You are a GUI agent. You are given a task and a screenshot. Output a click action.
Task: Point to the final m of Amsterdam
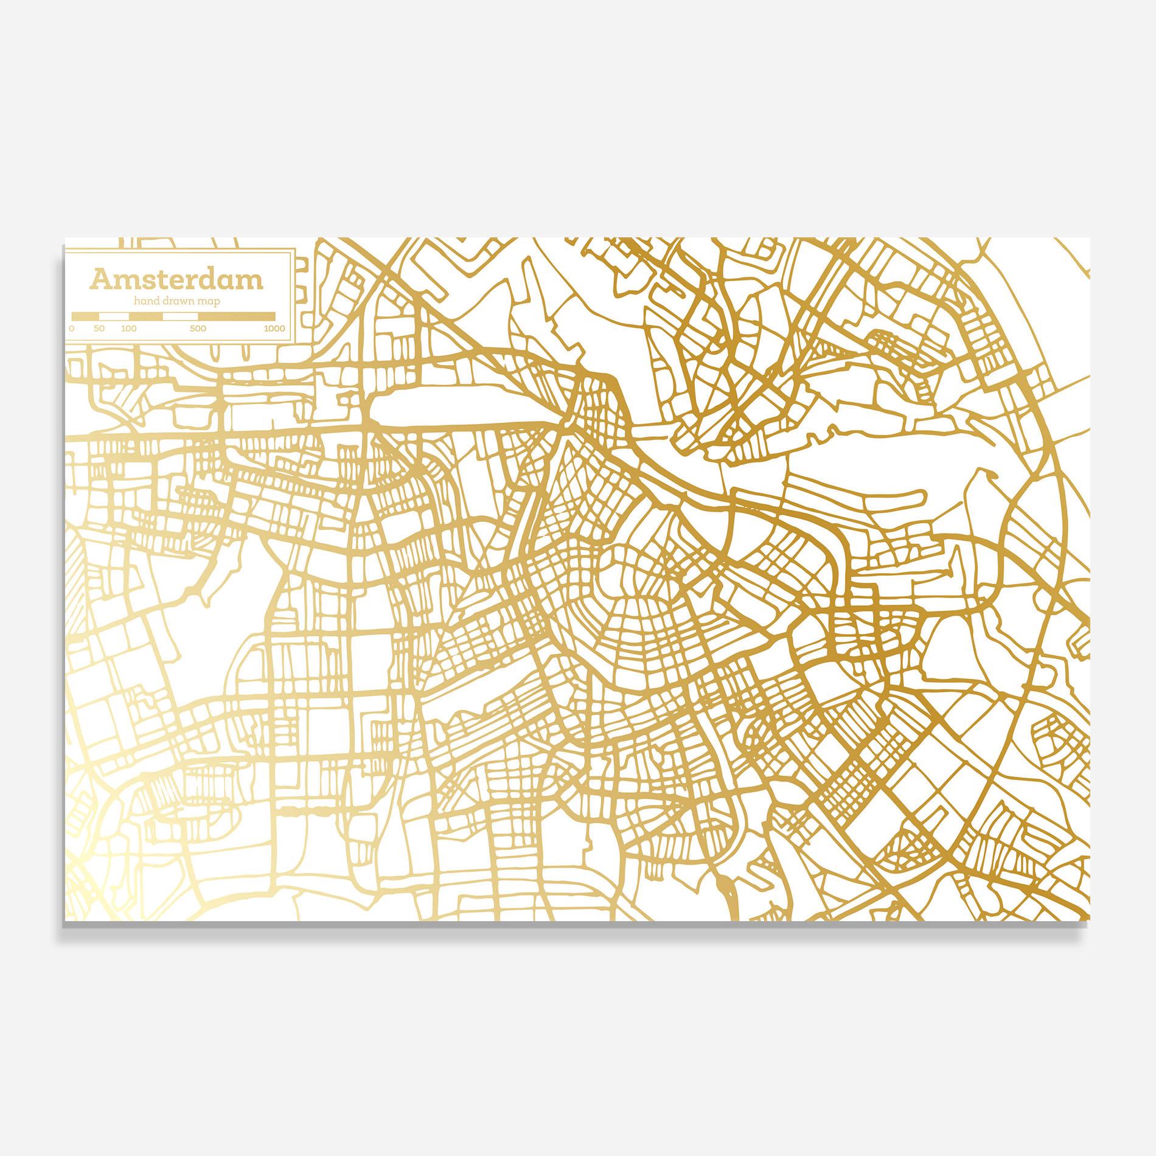tap(251, 282)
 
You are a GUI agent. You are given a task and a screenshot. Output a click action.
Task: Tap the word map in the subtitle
tap(209, 302)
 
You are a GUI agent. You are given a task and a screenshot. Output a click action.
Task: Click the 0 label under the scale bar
tap(72, 329)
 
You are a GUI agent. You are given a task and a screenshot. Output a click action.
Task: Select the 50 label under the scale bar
tap(99, 329)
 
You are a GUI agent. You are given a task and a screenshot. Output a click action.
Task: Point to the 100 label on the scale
tap(128, 329)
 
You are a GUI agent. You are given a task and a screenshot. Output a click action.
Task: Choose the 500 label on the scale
tap(198, 329)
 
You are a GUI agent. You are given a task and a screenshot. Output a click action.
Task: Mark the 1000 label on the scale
tap(274, 329)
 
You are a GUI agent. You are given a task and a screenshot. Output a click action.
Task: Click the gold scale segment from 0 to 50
tap(85, 316)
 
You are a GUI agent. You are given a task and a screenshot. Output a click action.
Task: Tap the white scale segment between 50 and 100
tap(114, 316)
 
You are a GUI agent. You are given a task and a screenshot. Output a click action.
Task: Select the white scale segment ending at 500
tap(181, 316)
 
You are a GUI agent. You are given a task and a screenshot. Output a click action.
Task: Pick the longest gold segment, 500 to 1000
tap(236, 316)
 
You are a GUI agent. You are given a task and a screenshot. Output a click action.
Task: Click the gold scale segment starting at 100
tap(145, 316)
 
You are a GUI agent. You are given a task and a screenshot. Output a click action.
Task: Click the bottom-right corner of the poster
tap(1089, 917)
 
